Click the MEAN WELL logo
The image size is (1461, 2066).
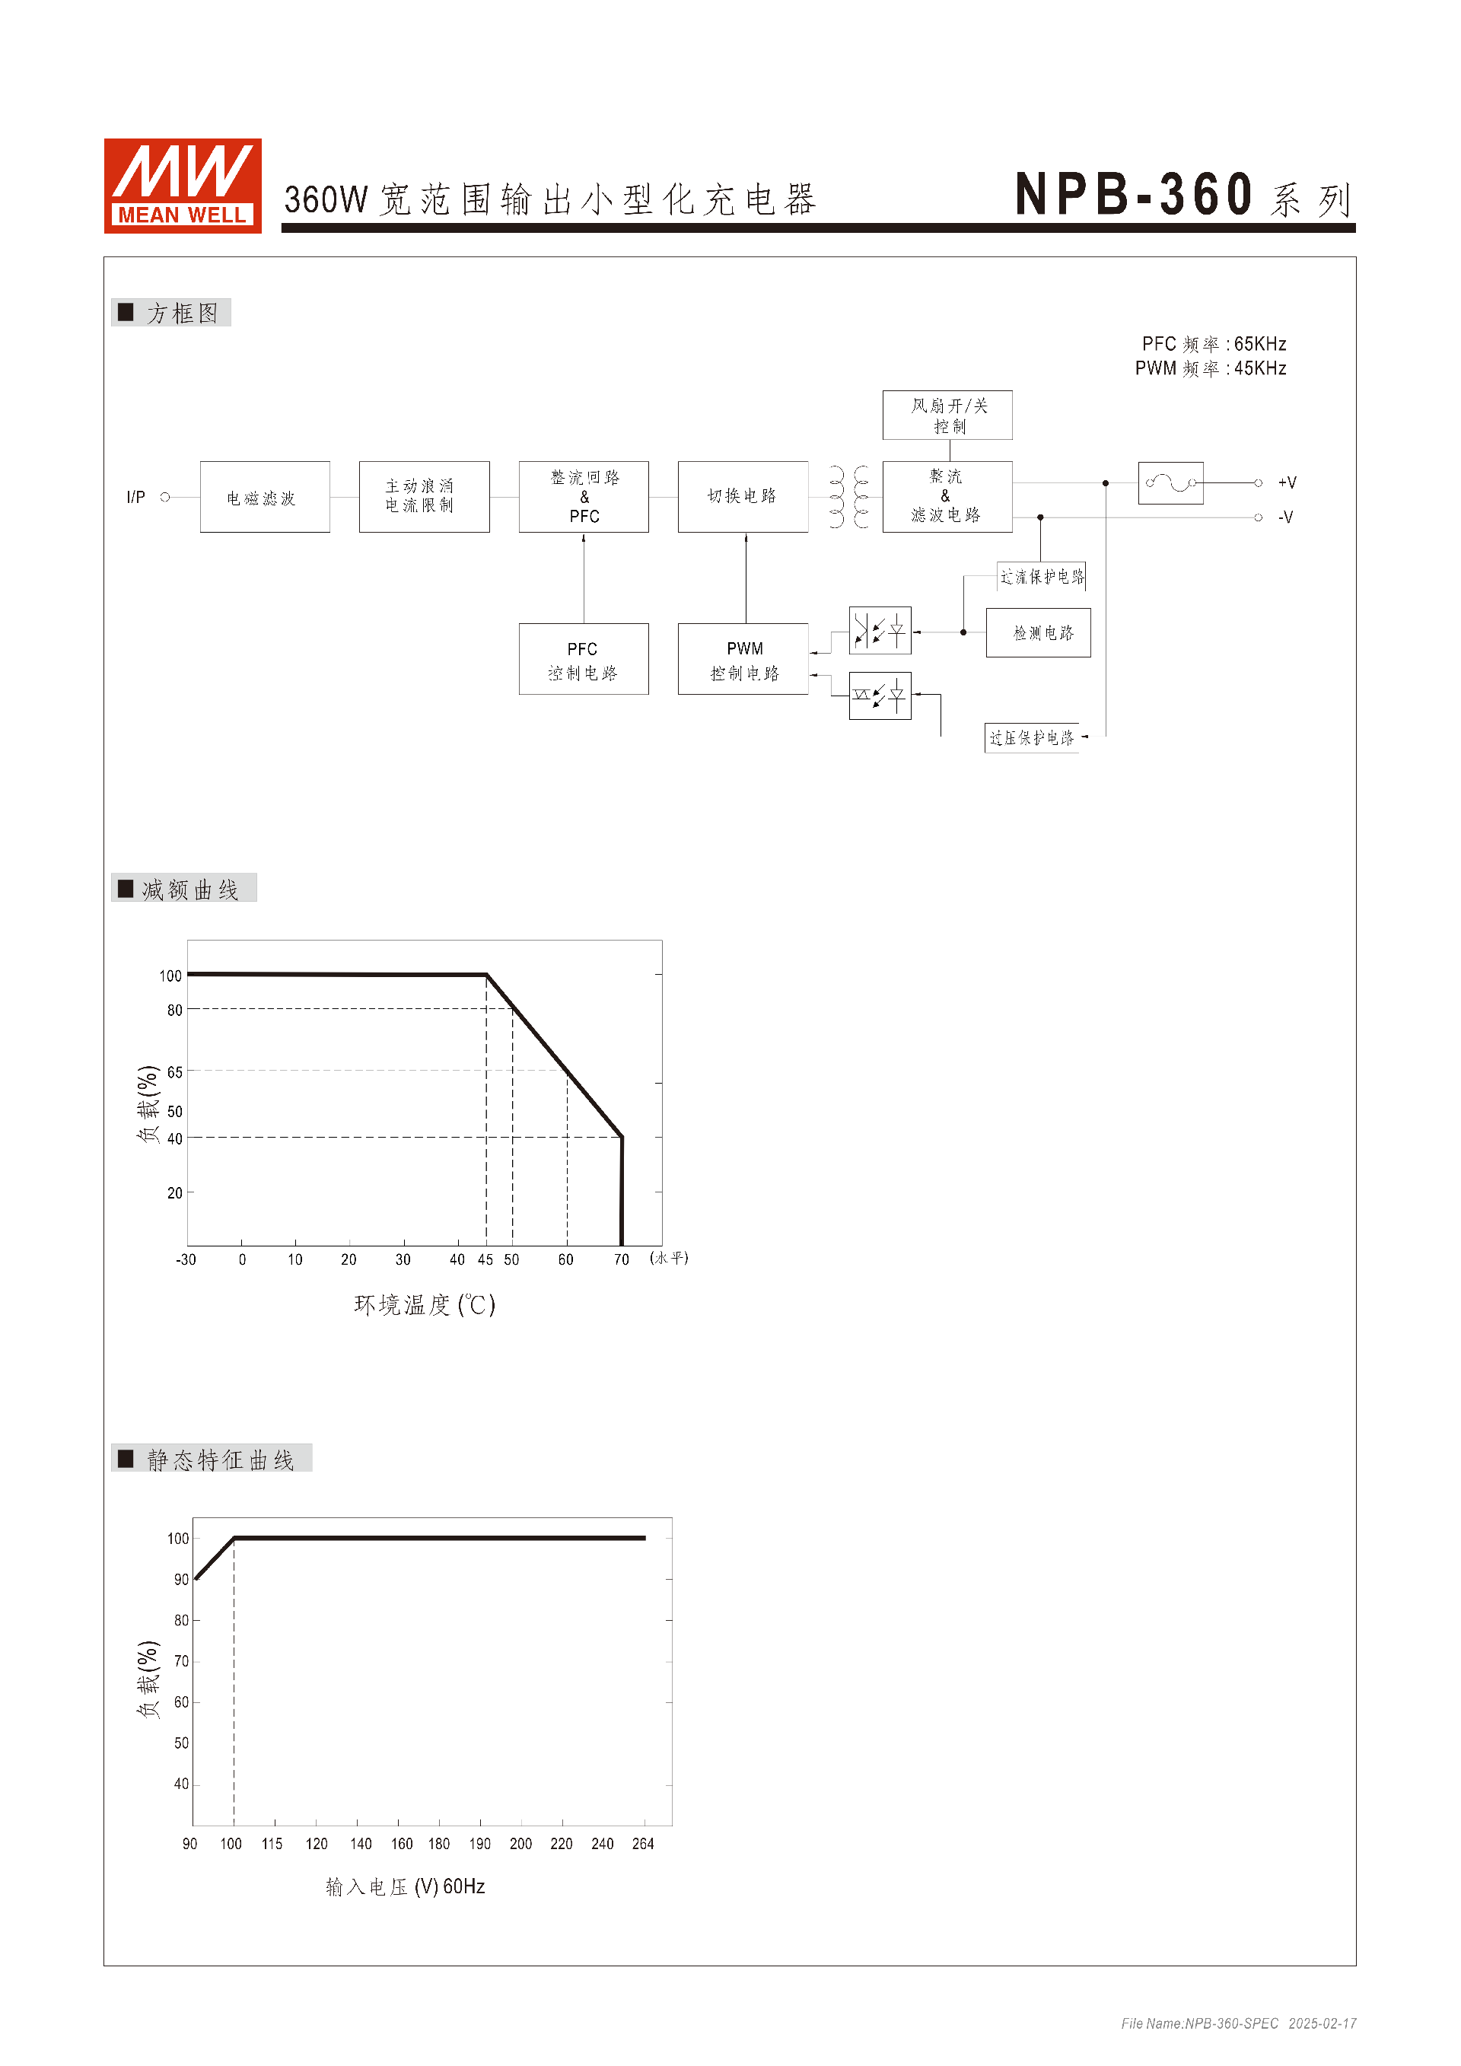(x=183, y=186)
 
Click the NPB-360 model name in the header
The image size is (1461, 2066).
(x=1134, y=194)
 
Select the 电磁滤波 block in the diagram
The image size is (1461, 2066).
(x=265, y=497)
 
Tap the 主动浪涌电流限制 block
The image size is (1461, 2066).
(x=424, y=497)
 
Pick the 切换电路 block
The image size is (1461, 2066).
(x=742, y=497)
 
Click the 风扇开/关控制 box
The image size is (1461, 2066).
(x=947, y=415)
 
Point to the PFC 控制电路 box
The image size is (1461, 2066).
(x=583, y=660)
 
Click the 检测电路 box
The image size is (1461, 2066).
(x=1038, y=632)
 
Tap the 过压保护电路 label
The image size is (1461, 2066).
(x=1032, y=738)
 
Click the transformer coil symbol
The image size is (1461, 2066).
(x=848, y=497)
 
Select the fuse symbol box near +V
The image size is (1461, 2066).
(x=1170, y=483)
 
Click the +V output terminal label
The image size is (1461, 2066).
(x=1288, y=483)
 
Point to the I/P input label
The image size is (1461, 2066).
(x=136, y=497)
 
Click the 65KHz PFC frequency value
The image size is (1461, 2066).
(x=1259, y=344)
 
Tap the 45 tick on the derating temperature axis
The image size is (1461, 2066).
(x=485, y=1259)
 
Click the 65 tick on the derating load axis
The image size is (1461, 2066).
(x=174, y=1071)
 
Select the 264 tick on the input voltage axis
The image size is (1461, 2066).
(x=642, y=1844)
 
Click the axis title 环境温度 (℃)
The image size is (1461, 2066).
(x=425, y=1305)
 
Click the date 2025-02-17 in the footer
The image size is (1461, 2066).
(x=1322, y=2023)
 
